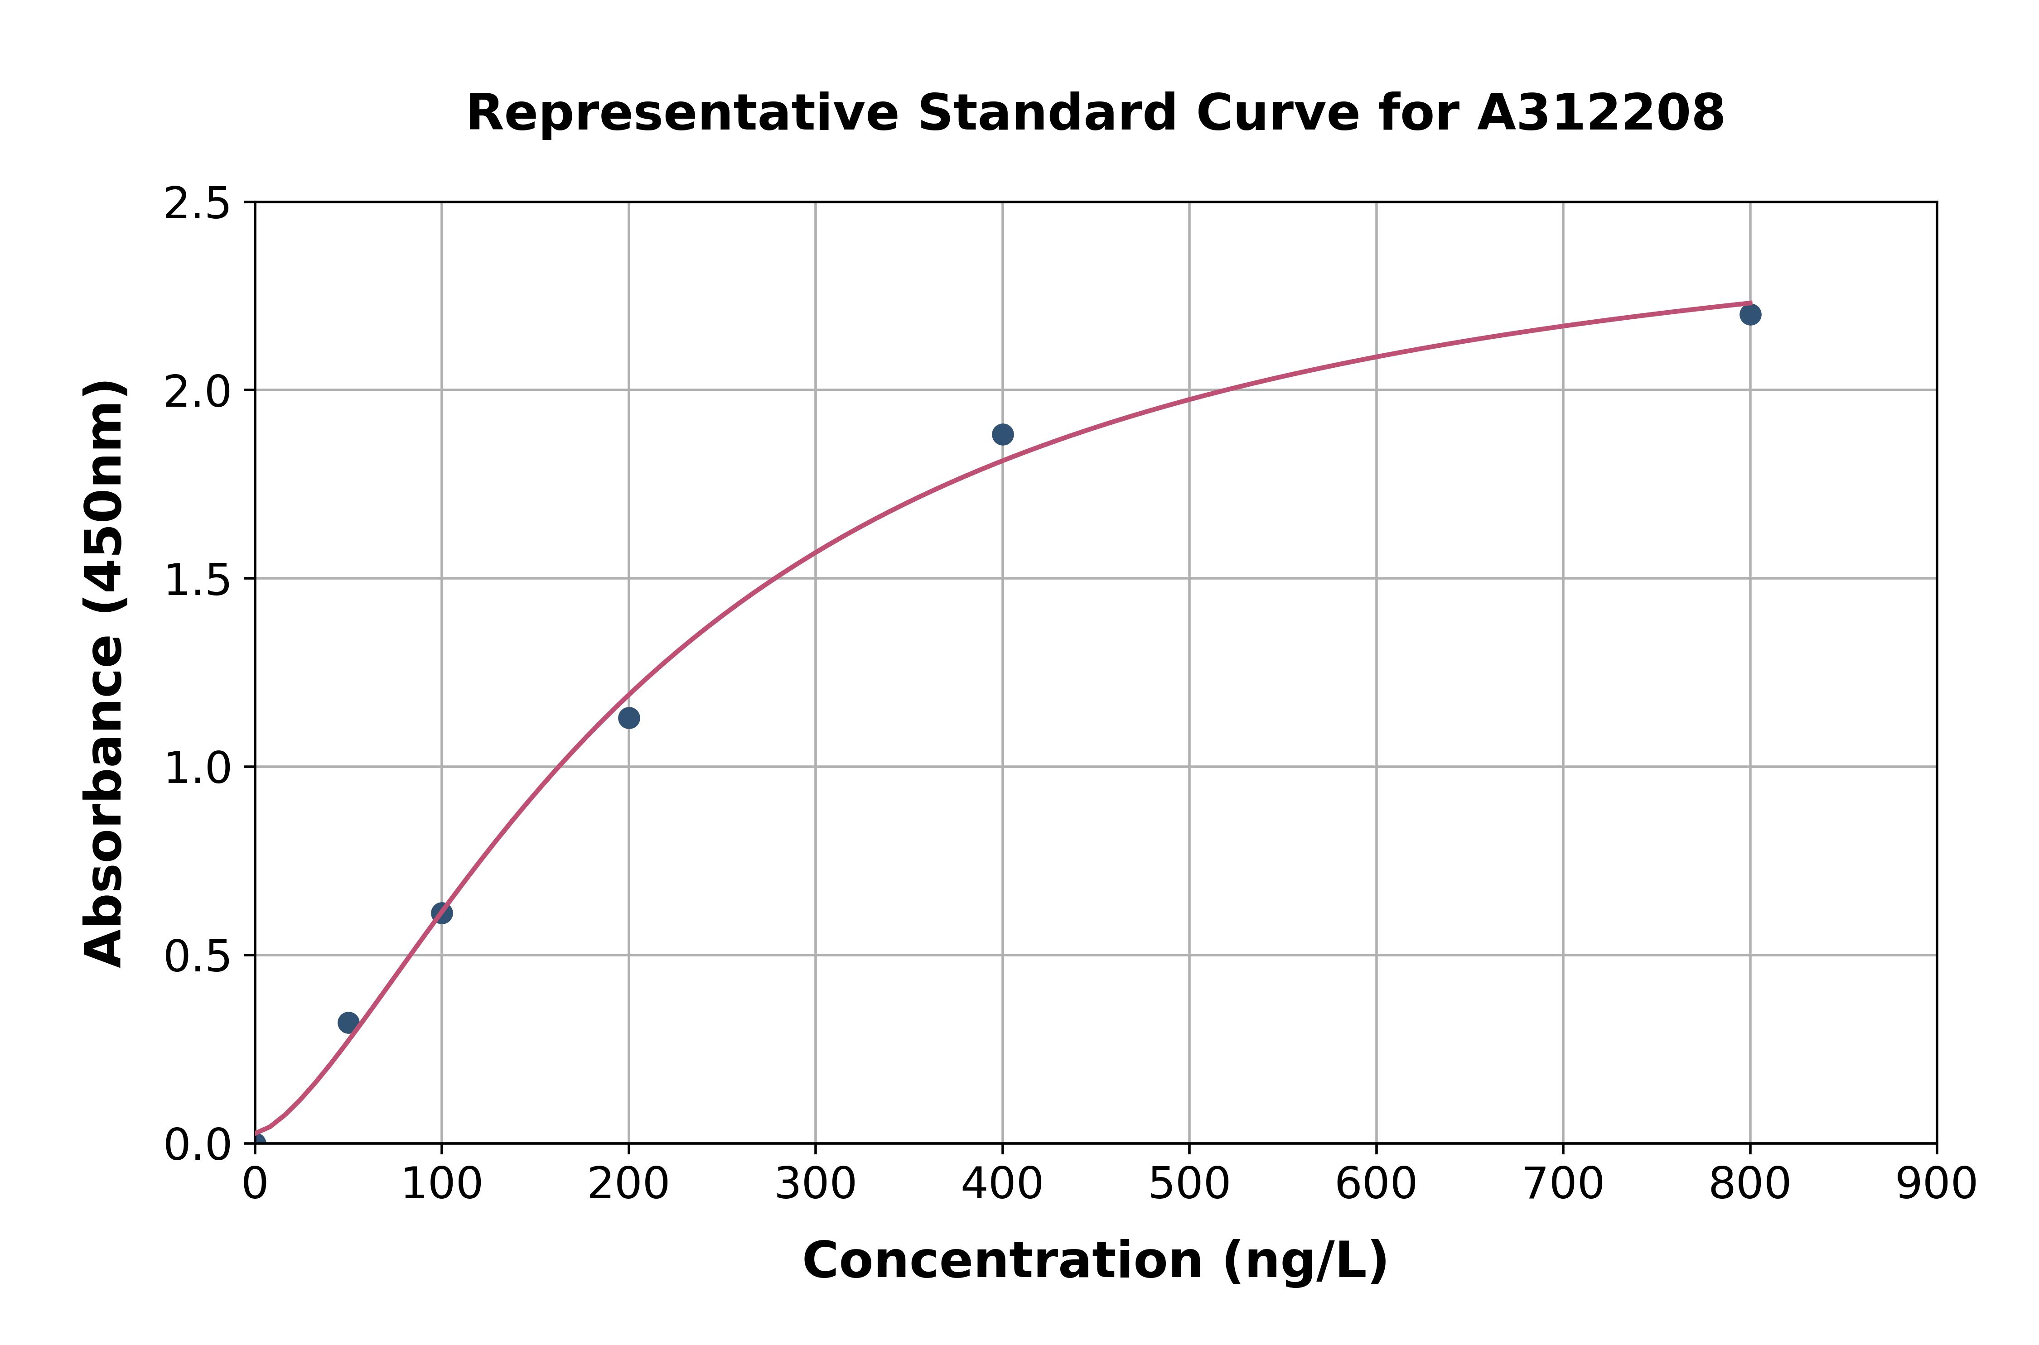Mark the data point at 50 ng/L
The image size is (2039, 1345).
348,1023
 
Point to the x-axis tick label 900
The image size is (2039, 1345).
1936,1184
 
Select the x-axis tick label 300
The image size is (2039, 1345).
815,1184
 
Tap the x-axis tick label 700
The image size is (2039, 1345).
1563,1184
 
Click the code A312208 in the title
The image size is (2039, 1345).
1600,113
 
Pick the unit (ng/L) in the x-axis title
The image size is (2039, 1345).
1305,1261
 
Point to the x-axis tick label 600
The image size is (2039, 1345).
1376,1184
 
